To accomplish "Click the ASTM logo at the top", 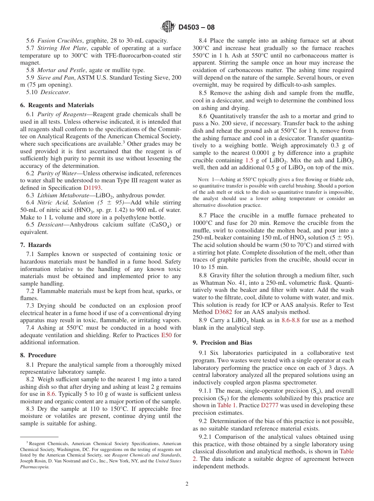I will [x=168, y=27].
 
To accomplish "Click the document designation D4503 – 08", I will [x=196, y=28].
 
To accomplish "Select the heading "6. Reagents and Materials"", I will [x=57, y=105].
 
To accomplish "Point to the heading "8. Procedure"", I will [x=38, y=355].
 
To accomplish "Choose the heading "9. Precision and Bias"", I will [x=222, y=343].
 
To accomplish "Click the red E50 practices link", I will [x=167, y=335].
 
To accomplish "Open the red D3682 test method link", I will [x=224, y=312].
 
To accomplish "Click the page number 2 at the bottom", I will [x=187, y=484].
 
